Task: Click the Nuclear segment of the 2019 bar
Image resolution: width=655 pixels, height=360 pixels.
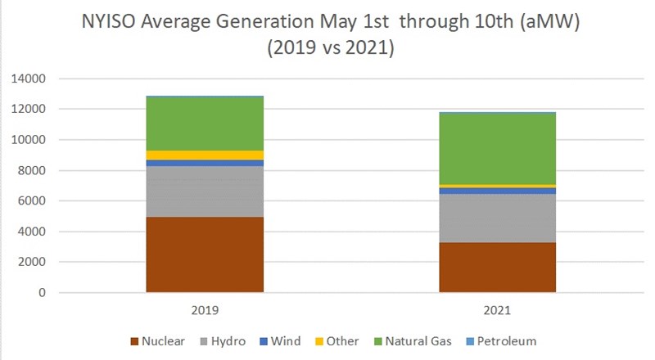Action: (x=205, y=254)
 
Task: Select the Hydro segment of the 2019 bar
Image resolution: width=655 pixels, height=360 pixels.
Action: (x=205, y=191)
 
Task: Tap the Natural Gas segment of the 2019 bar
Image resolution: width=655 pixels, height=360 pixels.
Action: (x=205, y=124)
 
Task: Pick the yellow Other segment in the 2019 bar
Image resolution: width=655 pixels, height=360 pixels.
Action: (x=205, y=155)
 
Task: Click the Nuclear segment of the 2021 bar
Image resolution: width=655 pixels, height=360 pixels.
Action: (x=497, y=267)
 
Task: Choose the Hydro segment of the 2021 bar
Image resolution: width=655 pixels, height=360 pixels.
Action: (x=497, y=218)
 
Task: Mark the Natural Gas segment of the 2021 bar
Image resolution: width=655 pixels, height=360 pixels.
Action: (x=497, y=148)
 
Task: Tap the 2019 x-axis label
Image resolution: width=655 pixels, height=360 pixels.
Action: (x=205, y=311)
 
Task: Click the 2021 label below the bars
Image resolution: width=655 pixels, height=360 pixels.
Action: (x=497, y=311)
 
